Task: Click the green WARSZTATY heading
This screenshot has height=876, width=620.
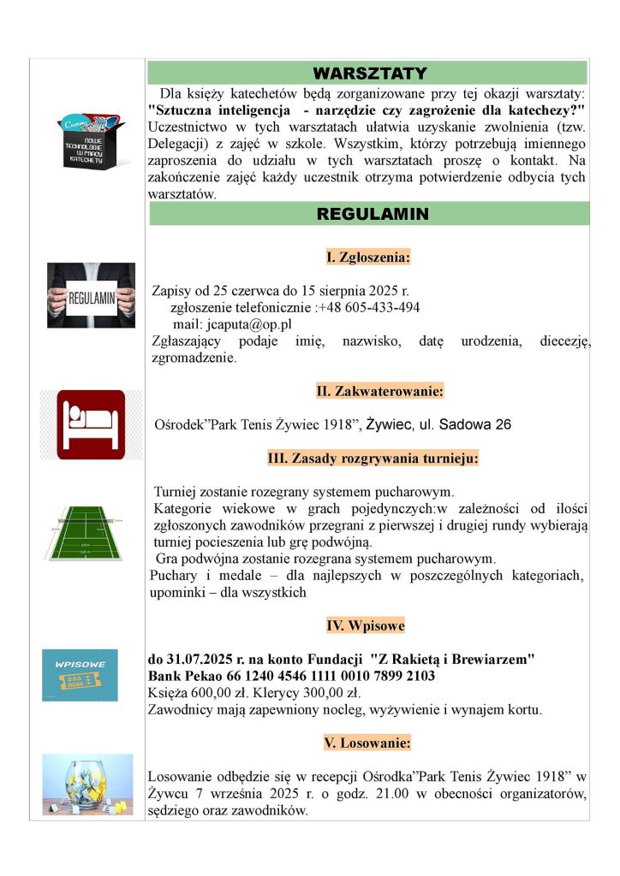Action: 369,73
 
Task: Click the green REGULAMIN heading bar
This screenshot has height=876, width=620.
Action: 369,214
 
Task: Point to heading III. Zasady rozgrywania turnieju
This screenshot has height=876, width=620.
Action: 373,459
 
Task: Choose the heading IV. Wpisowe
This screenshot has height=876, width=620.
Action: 366,626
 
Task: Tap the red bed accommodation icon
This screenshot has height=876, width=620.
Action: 91,424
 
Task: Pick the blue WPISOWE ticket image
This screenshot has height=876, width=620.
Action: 80,674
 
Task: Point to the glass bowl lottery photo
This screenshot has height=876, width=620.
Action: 88,784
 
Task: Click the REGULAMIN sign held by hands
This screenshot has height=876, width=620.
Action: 91,296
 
